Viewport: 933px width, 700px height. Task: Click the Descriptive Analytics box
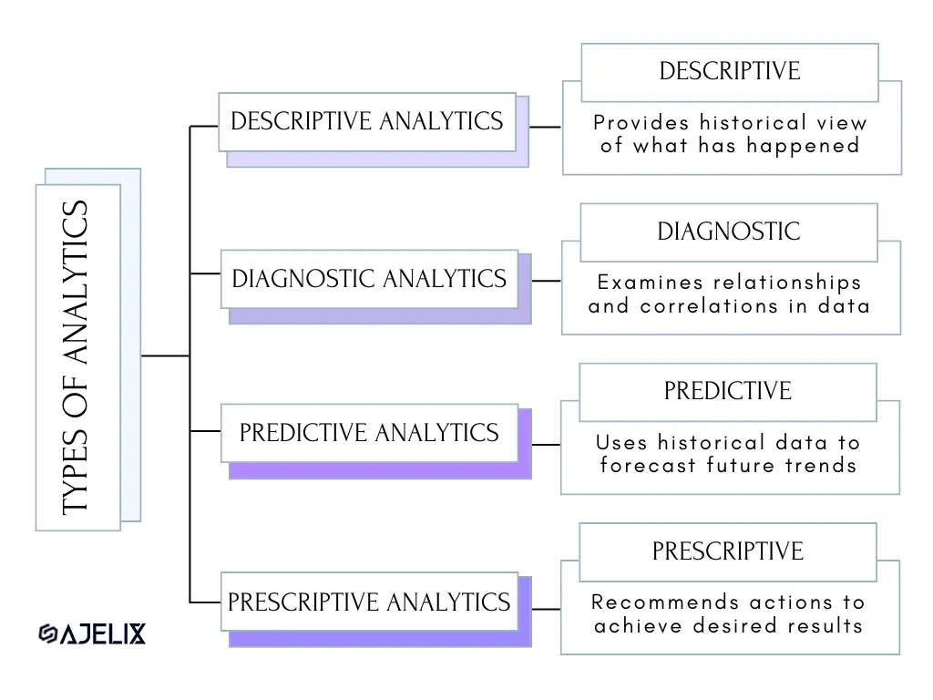click(367, 122)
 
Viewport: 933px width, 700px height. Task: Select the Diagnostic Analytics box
click(370, 279)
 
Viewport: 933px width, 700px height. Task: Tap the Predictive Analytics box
click(370, 433)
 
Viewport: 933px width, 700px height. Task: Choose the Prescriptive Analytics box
click(370, 602)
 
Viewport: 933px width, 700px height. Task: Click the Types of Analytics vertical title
click(76, 357)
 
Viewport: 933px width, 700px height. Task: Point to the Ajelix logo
click(92, 633)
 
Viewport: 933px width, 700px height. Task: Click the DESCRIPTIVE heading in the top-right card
click(730, 71)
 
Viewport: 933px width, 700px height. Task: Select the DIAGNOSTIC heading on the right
click(729, 232)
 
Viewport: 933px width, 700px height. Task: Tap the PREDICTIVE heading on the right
click(728, 391)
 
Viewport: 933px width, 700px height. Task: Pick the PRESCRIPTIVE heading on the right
click(728, 551)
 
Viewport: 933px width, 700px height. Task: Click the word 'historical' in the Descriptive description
click(754, 123)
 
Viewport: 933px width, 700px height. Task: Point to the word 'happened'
click(803, 146)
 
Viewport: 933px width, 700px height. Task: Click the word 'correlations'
click(709, 306)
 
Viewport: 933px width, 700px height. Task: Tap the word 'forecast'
click(648, 465)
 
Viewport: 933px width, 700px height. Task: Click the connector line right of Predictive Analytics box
click(546, 445)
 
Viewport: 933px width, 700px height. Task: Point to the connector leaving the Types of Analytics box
click(166, 356)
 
